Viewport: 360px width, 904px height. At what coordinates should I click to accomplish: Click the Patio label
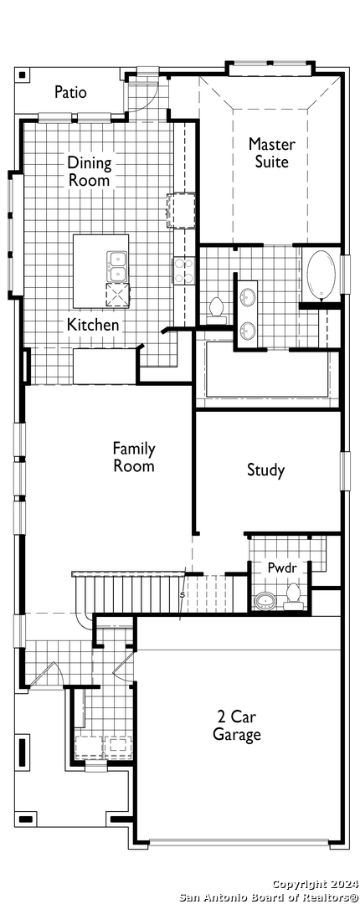[71, 92]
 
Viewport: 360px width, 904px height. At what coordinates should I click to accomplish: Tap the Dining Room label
[90, 172]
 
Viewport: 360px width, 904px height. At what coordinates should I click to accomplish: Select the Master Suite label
[272, 152]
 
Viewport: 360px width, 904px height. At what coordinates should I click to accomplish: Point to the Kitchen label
[93, 325]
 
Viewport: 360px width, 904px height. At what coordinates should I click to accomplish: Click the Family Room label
[134, 457]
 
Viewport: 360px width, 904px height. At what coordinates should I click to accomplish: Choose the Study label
[266, 470]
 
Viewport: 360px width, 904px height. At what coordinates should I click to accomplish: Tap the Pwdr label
[282, 568]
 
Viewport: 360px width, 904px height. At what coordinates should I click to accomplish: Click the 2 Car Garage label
[237, 725]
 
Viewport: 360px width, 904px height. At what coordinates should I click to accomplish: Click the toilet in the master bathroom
[217, 307]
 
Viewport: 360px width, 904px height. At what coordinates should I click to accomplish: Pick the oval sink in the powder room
[266, 601]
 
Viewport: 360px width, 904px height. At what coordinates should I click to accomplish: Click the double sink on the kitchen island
[117, 266]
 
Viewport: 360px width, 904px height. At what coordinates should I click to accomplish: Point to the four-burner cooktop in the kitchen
[184, 270]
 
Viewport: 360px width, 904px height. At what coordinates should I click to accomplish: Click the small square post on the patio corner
[21, 74]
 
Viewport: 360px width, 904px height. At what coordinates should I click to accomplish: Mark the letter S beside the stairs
[183, 594]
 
